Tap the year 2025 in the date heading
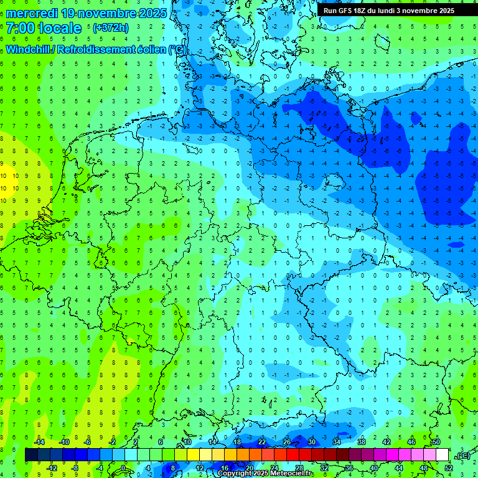[152, 13]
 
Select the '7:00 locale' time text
[44, 28]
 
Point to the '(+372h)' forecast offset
[111, 28]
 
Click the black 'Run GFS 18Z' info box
[389, 10]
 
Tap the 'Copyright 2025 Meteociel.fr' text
[265, 474]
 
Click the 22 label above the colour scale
[262, 442]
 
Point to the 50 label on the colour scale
[436, 442]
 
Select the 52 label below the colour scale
[448, 467]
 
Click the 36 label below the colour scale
[349, 467]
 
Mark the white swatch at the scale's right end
[442, 455]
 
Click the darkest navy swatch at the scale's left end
[31, 455]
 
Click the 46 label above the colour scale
[411, 442]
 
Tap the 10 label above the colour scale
[187, 442]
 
